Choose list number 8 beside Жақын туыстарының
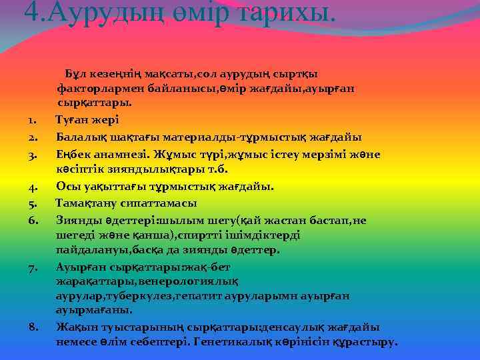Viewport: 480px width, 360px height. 33,327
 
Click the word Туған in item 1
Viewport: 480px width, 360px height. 73,120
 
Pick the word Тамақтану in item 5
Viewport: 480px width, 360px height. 89,203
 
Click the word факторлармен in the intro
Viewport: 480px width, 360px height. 99,87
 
